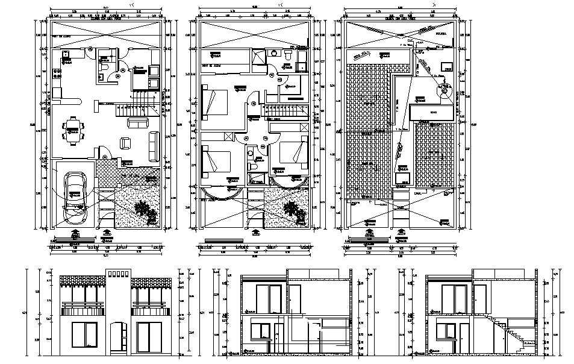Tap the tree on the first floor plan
[x=291, y=209]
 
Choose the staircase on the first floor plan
[x=286, y=111]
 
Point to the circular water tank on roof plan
[x=445, y=92]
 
